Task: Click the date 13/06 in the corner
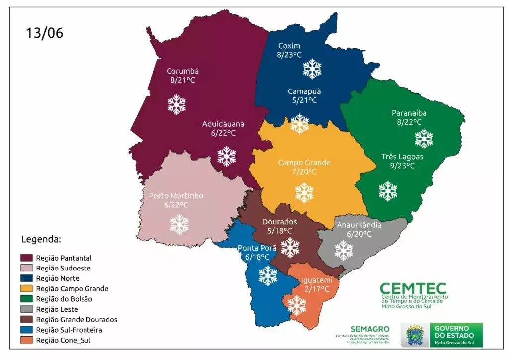[45, 33]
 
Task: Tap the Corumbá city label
[182, 71]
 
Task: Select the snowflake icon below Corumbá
[176, 104]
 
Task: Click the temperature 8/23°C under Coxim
[289, 55]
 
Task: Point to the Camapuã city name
[304, 91]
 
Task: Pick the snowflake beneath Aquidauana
[227, 156]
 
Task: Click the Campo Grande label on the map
[304, 163]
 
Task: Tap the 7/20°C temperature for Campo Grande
[304, 172]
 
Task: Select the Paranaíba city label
[409, 113]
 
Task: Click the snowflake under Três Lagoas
[388, 191]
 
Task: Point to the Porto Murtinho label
[176, 196]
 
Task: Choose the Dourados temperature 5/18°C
[279, 231]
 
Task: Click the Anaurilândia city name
[359, 225]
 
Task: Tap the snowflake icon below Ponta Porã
[268, 275]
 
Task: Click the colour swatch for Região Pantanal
[26, 258]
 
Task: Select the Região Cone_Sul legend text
[63, 340]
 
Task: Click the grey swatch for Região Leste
[26, 309]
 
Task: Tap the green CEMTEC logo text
[413, 289]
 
